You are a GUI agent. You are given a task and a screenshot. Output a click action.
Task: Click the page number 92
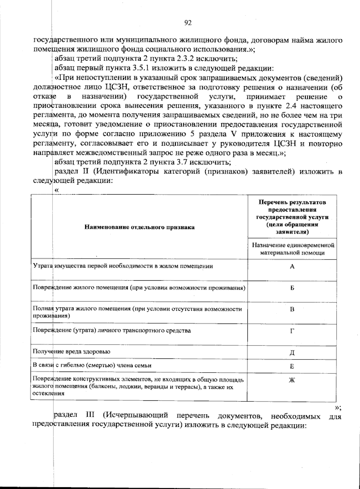click(188, 23)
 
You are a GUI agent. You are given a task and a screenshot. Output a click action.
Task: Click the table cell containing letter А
click(292, 267)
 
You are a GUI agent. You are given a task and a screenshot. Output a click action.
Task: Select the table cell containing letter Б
click(292, 288)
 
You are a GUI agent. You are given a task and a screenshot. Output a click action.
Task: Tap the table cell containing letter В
click(292, 309)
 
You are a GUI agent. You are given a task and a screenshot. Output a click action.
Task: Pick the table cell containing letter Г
click(292, 331)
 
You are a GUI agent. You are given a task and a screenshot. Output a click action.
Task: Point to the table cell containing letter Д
click(292, 353)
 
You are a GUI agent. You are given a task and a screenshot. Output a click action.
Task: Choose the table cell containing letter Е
click(292, 367)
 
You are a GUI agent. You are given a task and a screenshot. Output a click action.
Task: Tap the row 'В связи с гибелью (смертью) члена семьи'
click(92, 365)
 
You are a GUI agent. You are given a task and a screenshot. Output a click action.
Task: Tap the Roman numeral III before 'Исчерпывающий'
click(90, 416)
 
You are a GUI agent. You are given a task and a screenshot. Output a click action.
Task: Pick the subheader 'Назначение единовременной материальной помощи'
click(292, 249)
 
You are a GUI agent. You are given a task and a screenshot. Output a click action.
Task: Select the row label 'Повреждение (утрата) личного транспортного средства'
click(112, 331)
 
